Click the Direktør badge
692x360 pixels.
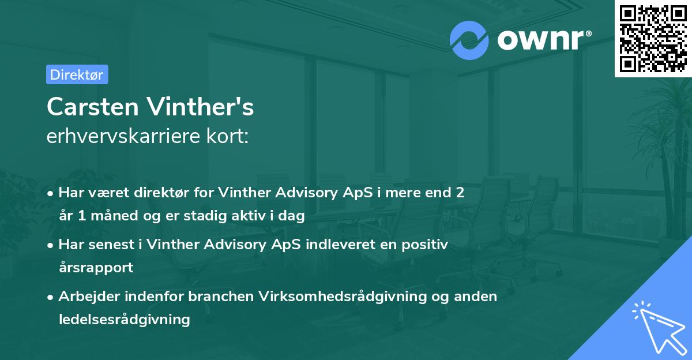tap(77, 74)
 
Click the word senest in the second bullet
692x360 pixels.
tap(111, 245)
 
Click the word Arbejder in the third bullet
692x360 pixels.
tap(86, 297)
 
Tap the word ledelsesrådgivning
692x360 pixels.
tap(124, 319)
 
